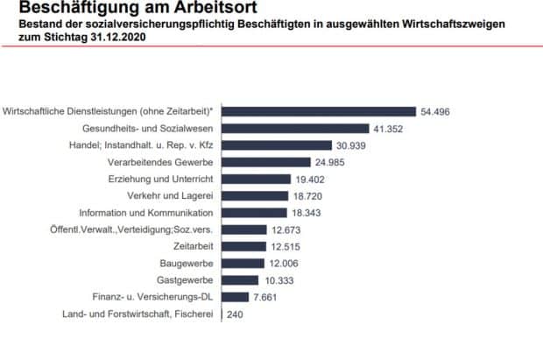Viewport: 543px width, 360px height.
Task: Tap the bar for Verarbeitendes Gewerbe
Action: click(269, 162)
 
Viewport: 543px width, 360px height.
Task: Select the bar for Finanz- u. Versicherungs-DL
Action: click(237, 297)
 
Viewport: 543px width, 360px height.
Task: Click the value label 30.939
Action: click(354, 145)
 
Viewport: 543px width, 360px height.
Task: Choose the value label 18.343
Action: click(308, 213)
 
